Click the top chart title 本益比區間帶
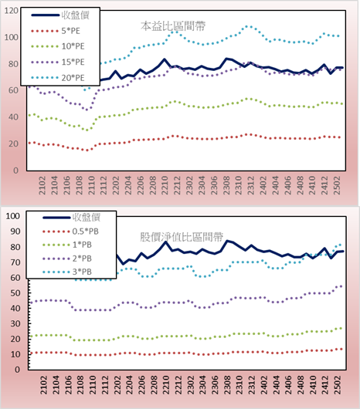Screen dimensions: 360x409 pyautogui.click(x=173, y=26)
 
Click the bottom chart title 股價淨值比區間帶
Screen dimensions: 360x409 pyautogui.click(x=182, y=237)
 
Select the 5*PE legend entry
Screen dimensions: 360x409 pyautogui.click(x=56, y=31)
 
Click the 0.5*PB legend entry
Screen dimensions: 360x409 pyautogui.click(x=71, y=232)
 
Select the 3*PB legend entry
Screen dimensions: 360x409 pyautogui.click(x=67, y=272)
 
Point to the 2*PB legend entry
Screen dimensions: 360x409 pyautogui.click(x=67, y=259)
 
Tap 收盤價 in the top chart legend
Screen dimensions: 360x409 pyautogui.click(x=60, y=15)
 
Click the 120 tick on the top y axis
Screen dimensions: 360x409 pyautogui.click(x=12, y=11)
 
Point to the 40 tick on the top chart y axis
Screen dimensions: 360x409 pyautogui.click(x=13, y=117)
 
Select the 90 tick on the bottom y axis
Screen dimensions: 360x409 pyautogui.click(x=15, y=232)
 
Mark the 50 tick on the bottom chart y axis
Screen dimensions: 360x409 pyautogui.click(x=15, y=293)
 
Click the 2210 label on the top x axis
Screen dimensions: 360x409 pyautogui.click(x=165, y=185)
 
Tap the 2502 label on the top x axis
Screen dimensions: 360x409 pyautogui.click(x=338, y=185)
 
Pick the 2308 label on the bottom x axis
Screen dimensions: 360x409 pyautogui.click(x=227, y=385)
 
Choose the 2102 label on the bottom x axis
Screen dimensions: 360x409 pyautogui.click(x=44, y=385)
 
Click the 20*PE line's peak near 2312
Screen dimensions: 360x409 pyautogui.click(x=249, y=26)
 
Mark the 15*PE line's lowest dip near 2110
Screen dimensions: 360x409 pyautogui.click(x=87, y=110)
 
